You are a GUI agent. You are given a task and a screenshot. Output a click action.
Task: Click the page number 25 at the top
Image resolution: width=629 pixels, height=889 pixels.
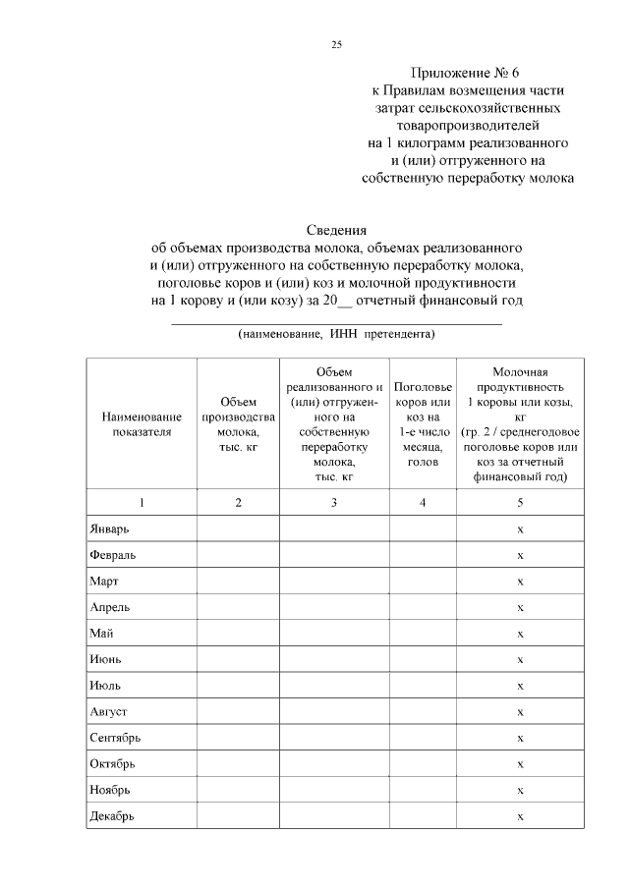click(336, 44)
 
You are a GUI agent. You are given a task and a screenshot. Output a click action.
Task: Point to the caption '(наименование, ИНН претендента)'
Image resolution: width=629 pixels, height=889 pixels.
click(336, 334)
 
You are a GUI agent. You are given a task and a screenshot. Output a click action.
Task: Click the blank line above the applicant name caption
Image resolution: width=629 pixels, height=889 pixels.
click(336, 321)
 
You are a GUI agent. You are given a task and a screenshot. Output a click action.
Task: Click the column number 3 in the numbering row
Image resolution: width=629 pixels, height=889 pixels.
click(334, 502)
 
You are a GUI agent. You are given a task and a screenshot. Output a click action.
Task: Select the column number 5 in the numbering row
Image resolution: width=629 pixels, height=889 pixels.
click(520, 502)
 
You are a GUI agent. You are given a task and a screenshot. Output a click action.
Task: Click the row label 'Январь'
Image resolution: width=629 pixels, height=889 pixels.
click(108, 528)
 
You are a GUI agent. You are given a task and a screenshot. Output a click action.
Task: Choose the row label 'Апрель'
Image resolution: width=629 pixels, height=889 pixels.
click(108, 607)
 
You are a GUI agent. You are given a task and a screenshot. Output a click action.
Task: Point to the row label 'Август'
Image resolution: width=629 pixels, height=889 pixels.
click(108, 711)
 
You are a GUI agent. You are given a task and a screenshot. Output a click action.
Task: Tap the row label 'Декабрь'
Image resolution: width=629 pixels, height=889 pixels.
click(111, 815)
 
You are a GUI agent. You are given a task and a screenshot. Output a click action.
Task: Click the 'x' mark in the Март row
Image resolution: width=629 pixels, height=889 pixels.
click(520, 582)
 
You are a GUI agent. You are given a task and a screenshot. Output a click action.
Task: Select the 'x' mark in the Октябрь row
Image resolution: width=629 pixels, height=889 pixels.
click(520, 763)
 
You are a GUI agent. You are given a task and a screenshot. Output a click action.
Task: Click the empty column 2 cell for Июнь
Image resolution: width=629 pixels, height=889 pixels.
click(238, 659)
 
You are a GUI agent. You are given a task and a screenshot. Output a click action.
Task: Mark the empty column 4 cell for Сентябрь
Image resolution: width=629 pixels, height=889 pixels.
click(422, 738)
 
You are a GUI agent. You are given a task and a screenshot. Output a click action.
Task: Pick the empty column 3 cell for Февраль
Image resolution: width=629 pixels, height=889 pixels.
click(334, 555)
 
